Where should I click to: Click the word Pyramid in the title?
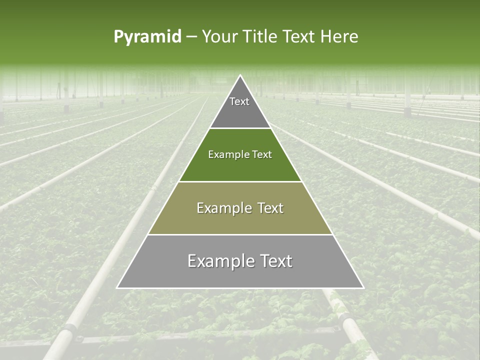147,37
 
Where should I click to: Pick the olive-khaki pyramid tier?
240,220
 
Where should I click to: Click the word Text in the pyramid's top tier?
239,101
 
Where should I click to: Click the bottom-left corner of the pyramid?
117,288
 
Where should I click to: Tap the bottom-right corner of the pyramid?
363,288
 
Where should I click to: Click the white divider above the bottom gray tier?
240,234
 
